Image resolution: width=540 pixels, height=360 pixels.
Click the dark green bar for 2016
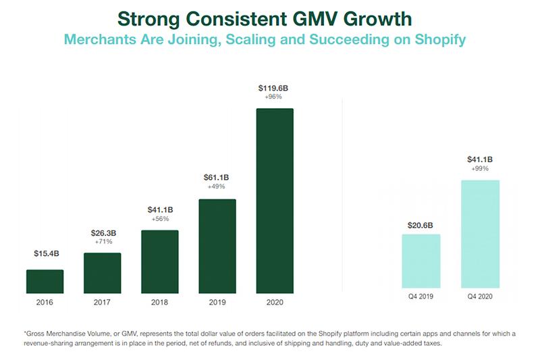(x=45, y=282)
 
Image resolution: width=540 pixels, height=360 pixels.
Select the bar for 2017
(x=102, y=273)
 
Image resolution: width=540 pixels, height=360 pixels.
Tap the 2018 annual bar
(x=160, y=262)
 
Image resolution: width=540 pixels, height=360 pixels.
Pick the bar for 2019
(x=217, y=247)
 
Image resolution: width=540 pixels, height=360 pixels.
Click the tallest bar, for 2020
(x=275, y=201)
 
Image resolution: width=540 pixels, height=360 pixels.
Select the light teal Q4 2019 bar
(x=421, y=263)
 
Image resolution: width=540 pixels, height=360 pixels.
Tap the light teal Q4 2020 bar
(x=480, y=236)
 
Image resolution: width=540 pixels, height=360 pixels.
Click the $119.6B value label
(x=274, y=88)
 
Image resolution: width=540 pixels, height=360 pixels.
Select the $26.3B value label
(x=103, y=234)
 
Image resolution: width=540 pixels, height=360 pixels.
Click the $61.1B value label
(x=217, y=178)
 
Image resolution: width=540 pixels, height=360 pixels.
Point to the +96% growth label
(x=274, y=98)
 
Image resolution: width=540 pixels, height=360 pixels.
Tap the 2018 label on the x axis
(x=160, y=302)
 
